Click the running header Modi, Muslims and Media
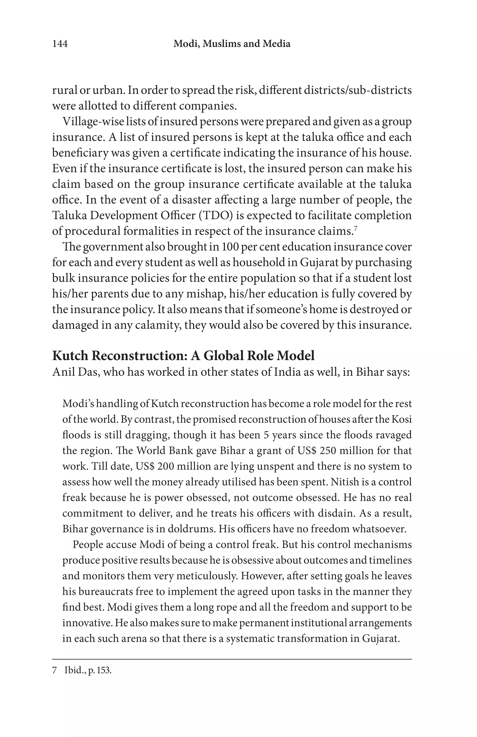tap(232, 44)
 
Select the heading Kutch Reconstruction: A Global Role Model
tap(183, 355)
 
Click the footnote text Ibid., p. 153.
tap(88, 671)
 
